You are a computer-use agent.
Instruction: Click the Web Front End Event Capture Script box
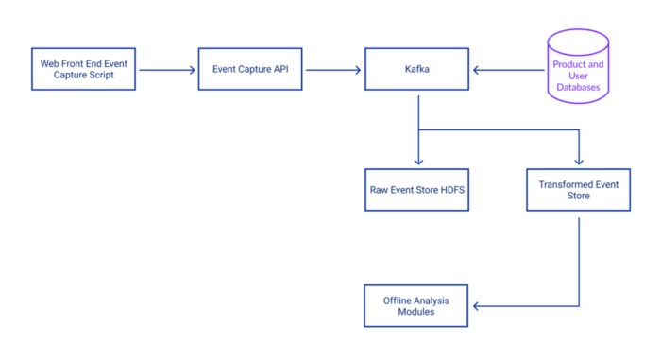click(x=83, y=69)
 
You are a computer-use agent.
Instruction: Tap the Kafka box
click(x=416, y=69)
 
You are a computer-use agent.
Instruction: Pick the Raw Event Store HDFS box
click(x=416, y=190)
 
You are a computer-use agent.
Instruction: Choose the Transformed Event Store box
click(x=579, y=190)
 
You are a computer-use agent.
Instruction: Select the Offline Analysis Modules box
click(x=416, y=305)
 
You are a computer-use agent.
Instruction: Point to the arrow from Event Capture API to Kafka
click(x=332, y=69)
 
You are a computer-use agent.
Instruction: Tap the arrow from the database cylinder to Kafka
click(x=510, y=69)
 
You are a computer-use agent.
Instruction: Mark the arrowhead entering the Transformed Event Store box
click(x=579, y=163)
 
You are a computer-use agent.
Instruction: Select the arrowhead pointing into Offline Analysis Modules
click(x=476, y=305)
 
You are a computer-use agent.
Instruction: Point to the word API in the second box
click(x=280, y=69)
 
